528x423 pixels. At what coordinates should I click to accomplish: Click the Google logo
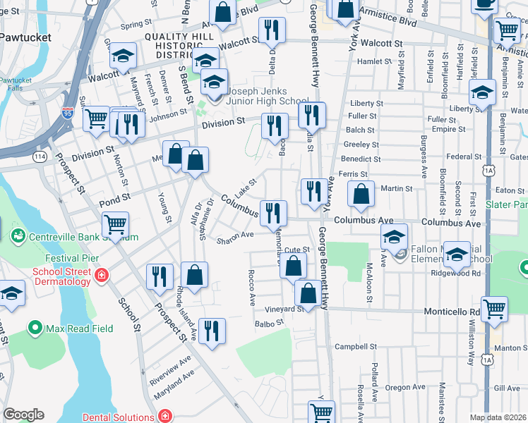(x=23, y=415)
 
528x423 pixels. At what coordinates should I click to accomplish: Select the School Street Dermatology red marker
(x=102, y=274)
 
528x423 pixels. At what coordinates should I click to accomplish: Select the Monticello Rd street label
(x=452, y=311)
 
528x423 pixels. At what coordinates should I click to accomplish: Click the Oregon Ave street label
(x=405, y=387)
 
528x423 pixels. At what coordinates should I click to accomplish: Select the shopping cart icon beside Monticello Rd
(x=494, y=308)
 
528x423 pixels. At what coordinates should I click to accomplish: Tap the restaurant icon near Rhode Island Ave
(x=212, y=331)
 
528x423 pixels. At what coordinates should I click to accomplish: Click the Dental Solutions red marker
(x=164, y=417)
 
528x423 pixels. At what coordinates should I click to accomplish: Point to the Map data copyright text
(x=498, y=417)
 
